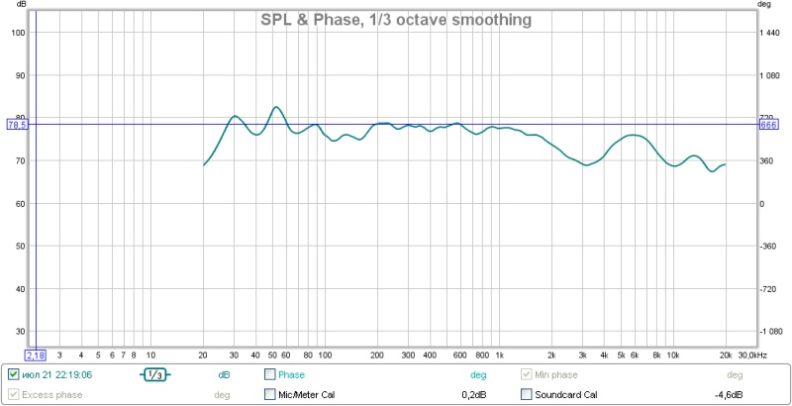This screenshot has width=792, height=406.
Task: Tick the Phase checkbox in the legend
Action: (270, 375)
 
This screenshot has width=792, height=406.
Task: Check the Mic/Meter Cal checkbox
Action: (270, 395)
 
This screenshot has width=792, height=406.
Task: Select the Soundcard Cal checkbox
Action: (528, 395)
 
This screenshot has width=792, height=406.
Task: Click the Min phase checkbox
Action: (528, 375)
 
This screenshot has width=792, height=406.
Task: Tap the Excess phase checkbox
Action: (13, 395)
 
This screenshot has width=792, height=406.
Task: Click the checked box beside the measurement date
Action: (13, 375)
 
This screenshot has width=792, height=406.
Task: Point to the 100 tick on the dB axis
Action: (18, 33)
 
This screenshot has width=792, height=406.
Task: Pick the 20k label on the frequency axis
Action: (726, 354)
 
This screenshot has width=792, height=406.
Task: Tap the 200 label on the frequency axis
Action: (377, 354)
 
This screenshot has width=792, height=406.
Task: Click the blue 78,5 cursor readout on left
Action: (18, 124)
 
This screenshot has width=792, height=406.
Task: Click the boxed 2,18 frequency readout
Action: (36, 354)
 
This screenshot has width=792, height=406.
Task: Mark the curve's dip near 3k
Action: (587, 165)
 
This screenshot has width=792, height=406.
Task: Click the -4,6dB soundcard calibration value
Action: (729, 395)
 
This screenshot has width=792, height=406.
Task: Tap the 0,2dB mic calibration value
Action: (474, 395)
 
